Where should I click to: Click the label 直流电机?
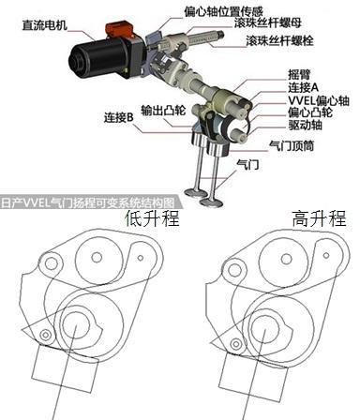pyautogui.click(x=44, y=25)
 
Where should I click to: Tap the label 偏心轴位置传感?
pyautogui.click(x=223, y=12)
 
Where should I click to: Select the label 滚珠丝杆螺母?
pyautogui.click(x=268, y=22)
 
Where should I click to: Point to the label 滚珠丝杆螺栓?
pyautogui.click(x=279, y=40)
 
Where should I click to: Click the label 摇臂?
pyautogui.click(x=299, y=75)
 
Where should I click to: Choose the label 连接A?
pyautogui.click(x=303, y=87)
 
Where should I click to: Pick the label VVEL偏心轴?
pyautogui.click(x=319, y=100)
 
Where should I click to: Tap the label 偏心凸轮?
pyautogui.click(x=310, y=112)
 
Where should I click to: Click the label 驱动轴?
pyautogui.click(x=305, y=125)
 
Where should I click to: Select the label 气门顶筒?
pyautogui.click(x=292, y=145)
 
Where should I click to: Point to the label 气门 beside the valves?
pyautogui.click(x=247, y=164)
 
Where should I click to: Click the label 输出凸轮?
pyautogui.click(x=163, y=110)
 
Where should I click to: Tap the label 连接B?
pyautogui.click(x=119, y=118)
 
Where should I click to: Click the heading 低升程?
pyautogui.click(x=152, y=218)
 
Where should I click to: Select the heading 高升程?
pyautogui.click(x=320, y=218)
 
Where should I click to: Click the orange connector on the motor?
pyautogui.click(x=119, y=30)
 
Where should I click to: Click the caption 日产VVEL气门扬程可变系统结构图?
pyautogui.click(x=87, y=203)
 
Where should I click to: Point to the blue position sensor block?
pyautogui.click(x=153, y=39)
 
